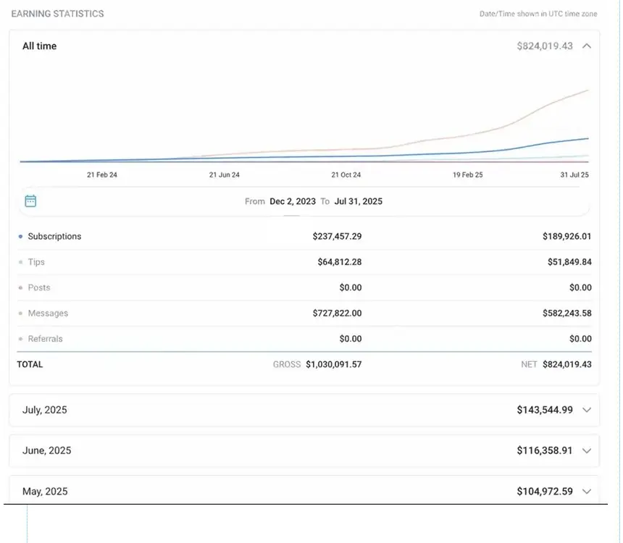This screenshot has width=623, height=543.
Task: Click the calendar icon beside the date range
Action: [30, 201]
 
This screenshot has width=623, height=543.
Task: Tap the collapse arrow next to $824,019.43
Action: [587, 46]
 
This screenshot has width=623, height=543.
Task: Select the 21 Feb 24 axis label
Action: [102, 175]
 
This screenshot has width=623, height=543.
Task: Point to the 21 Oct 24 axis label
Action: [346, 175]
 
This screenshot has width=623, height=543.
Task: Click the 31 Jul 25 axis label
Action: [574, 175]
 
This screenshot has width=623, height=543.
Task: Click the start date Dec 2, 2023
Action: [293, 201]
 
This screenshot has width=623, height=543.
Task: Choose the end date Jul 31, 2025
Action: [358, 201]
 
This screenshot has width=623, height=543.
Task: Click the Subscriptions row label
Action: [54, 237]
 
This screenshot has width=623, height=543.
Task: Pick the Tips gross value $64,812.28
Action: [339, 262]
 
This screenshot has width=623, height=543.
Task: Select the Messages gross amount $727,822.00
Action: [337, 313]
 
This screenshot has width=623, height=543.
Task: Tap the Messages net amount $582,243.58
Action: [566, 313]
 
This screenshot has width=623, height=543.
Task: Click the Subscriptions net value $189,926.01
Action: [566, 237]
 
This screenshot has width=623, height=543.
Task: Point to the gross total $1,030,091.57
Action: [333, 365]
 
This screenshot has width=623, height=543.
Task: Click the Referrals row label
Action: [45, 339]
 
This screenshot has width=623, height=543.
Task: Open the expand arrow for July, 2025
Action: [587, 410]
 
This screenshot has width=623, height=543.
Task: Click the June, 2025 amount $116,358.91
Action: [545, 450]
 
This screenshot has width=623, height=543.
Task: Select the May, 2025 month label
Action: [45, 492]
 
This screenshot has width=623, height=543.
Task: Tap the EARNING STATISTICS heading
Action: [57, 14]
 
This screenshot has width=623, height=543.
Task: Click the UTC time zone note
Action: [538, 14]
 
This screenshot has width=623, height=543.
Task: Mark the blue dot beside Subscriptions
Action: [20, 237]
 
